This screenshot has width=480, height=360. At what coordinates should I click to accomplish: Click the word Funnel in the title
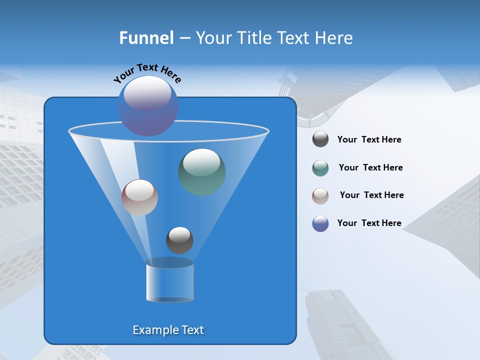click(146, 38)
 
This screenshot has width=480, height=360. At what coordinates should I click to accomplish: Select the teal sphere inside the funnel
click(202, 172)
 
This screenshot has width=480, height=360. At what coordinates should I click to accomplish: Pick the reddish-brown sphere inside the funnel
click(139, 197)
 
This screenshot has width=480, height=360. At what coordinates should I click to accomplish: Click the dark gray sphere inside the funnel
click(179, 240)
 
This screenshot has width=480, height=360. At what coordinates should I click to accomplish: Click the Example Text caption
click(168, 330)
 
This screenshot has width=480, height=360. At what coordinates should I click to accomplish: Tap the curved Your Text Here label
click(147, 73)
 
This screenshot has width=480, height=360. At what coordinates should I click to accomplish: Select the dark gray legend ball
click(320, 139)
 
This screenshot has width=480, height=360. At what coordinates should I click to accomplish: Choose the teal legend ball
click(320, 168)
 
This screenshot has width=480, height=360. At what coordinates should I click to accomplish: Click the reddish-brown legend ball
click(320, 195)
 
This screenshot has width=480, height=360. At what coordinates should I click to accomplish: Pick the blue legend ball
click(320, 223)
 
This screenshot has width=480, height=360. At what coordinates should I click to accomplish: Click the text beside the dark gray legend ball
click(369, 140)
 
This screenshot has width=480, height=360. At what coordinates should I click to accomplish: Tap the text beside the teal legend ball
click(370, 168)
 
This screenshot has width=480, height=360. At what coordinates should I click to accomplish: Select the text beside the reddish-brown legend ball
click(371, 195)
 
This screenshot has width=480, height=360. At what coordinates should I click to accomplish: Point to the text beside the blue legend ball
click(369, 223)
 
